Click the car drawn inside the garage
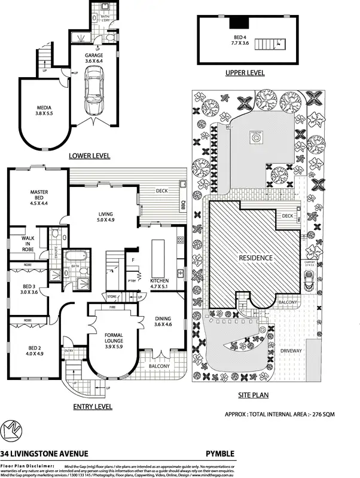coord(93,91)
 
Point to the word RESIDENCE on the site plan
coord(255,258)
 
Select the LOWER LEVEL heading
coord(90,155)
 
